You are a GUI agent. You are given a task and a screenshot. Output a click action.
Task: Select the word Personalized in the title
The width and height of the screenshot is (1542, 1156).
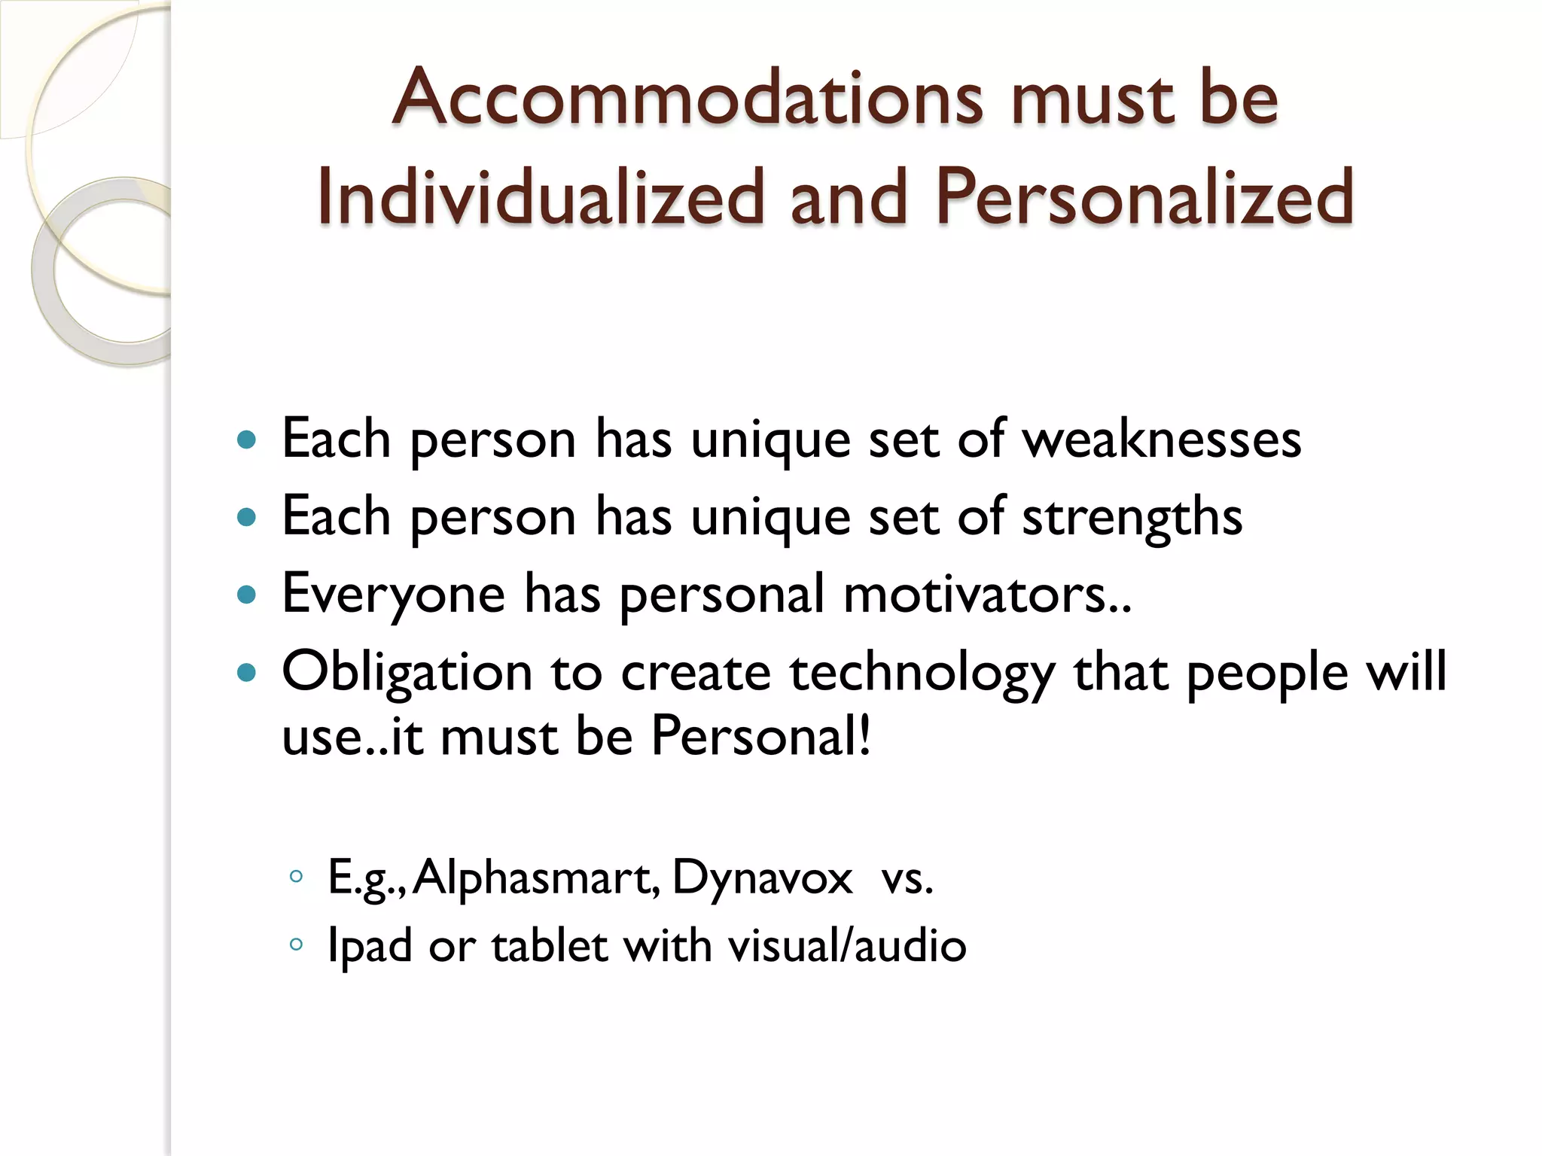1144,197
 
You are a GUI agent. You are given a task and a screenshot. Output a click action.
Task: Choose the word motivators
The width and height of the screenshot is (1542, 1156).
986,595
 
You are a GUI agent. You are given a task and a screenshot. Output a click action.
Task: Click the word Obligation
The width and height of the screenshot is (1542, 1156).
407,672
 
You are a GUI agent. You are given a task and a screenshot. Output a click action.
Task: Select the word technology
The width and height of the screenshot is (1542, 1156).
922,672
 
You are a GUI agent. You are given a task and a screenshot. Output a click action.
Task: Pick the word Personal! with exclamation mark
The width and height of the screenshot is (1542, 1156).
760,736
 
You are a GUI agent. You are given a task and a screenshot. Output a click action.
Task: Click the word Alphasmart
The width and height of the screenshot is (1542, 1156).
536,878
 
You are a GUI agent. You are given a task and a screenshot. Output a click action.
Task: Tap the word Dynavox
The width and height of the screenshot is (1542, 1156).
762,878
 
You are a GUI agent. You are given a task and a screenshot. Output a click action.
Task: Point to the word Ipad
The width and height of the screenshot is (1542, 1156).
370,946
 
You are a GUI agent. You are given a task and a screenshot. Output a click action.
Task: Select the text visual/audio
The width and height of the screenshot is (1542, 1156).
847,946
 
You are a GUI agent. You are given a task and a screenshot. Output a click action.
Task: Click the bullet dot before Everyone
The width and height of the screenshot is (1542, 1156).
246,595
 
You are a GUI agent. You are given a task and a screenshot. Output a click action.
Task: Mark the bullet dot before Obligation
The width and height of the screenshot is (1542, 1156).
246,671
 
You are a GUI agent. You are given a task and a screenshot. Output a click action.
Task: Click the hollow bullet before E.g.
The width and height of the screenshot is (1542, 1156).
296,876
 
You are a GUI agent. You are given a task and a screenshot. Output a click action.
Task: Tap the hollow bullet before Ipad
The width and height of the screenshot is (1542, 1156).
296,944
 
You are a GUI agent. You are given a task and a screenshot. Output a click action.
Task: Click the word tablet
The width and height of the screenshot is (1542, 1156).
549,946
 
